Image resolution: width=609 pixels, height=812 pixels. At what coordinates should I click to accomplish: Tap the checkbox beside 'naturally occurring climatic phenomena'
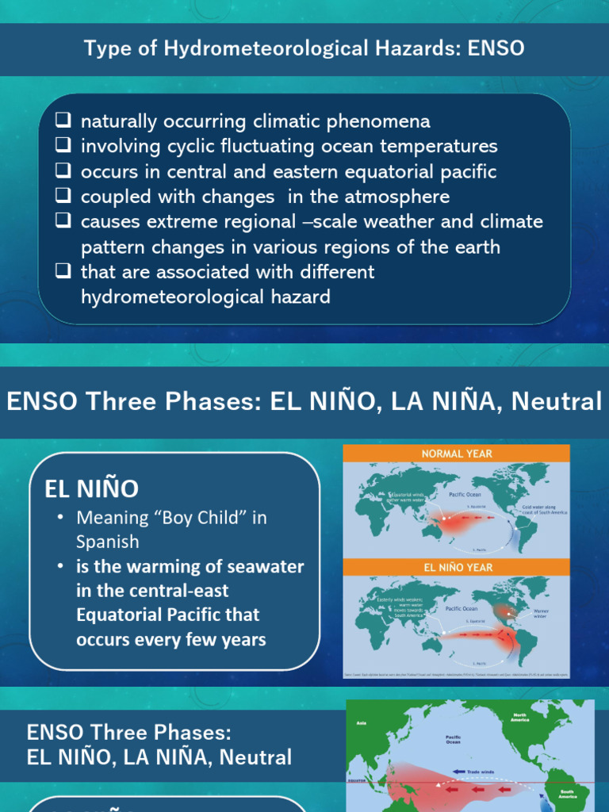(x=63, y=121)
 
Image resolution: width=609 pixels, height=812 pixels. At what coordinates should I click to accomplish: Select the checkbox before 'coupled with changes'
(x=63, y=197)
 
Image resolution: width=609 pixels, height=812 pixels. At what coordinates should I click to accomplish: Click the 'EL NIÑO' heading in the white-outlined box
(x=91, y=488)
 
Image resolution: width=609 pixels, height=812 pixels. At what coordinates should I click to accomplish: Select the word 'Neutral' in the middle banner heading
(x=557, y=401)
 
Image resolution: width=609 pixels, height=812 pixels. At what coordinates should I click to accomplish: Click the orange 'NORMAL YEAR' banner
(x=456, y=454)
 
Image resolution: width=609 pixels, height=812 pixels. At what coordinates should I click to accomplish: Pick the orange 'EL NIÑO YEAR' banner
(x=456, y=567)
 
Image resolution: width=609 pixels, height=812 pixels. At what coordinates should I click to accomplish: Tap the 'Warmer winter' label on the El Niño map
(x=541, y=614)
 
